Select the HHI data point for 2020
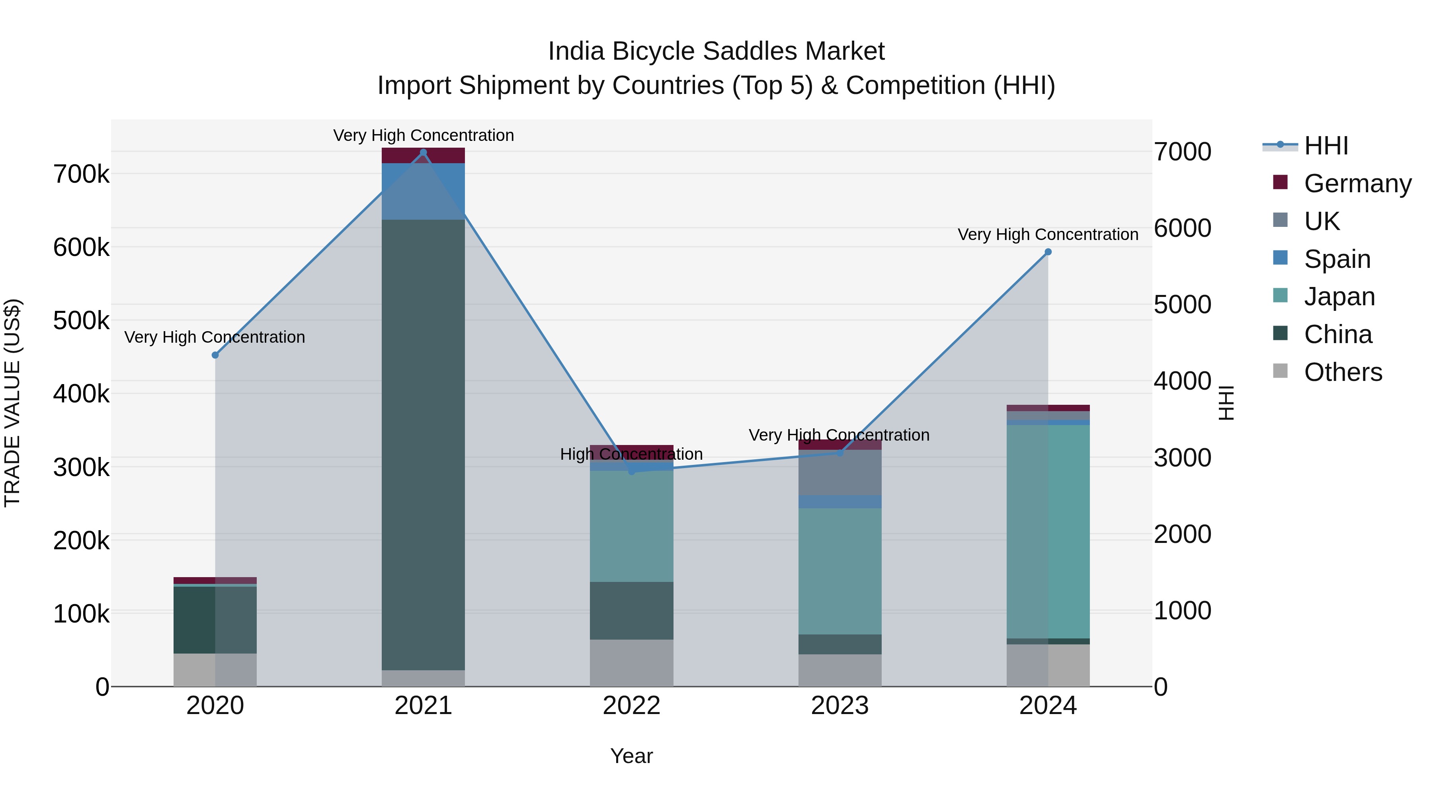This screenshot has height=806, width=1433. (x=215, y=355)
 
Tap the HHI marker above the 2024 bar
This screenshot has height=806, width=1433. (x=1048, y=252)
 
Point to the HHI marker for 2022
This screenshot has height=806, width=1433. (x=631, y=472)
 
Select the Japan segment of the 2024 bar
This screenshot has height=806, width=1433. (x=1048, y=531)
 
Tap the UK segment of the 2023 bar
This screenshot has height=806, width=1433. (x=840, y=473)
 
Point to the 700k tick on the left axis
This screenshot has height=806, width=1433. (x=81, y=174)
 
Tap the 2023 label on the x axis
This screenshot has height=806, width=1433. (x=839, y=706)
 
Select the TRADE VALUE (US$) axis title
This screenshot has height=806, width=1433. (x=12, y=403)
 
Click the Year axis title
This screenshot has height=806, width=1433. (x=631, y=756)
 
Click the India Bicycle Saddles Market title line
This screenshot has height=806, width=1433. (x=716, y=51)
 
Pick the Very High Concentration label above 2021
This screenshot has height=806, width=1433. (x=424, y=135)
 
